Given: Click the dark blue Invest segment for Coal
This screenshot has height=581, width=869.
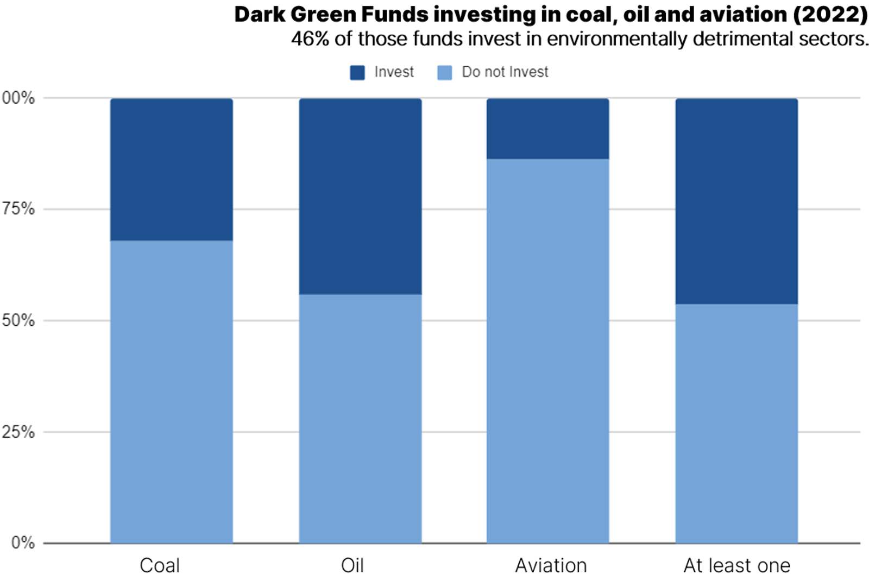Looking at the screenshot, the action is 172,169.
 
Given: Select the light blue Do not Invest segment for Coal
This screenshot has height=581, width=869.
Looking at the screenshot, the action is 172,391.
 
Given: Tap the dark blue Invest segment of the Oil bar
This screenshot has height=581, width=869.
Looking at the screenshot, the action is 360,196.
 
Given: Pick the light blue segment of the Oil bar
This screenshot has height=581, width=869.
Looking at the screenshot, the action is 360,419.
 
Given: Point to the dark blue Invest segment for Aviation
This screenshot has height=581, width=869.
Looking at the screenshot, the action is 548,129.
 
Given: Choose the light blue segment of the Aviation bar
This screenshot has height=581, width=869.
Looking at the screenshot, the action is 548,351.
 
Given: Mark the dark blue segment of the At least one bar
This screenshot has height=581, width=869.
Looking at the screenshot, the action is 736,201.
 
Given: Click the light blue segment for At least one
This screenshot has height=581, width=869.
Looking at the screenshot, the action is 736,424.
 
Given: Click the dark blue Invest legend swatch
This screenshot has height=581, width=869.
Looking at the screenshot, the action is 357,73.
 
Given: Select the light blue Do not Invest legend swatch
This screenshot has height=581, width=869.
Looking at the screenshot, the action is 445,73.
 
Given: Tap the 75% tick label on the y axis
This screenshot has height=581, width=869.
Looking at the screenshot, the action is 18,209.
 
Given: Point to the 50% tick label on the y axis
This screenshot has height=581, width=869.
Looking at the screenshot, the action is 18,320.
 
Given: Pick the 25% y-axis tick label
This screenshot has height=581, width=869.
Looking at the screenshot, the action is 18,432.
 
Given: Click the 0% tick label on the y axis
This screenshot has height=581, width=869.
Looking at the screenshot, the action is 23,542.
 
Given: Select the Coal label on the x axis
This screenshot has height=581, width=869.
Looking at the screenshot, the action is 160,565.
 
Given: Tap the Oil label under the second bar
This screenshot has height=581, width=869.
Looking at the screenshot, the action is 352,565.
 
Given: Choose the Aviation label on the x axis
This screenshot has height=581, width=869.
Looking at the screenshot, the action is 551,565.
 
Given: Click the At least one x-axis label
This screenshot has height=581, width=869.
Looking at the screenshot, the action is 737,565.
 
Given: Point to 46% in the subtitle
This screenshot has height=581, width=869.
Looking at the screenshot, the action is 310,39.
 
